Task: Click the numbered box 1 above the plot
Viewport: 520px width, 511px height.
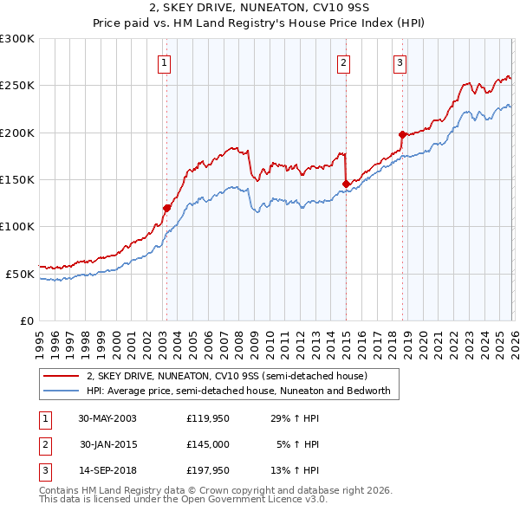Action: (164, 61)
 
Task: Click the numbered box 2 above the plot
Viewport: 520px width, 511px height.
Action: (344, 61)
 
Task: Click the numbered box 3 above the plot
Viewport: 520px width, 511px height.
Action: (400, 61)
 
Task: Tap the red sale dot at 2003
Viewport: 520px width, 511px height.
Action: (167, 208)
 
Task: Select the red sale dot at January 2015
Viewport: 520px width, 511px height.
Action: (346, 184)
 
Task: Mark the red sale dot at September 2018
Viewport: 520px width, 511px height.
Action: (402, 134)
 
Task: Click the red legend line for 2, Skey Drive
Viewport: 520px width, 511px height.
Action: (62, 377)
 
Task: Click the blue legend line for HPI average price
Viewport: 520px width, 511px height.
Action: (62, 391)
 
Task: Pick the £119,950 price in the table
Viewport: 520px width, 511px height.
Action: (208, 417)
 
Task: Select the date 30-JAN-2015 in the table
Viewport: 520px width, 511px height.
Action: (108, 444)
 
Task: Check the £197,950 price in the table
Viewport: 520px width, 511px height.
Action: (208, 471)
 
